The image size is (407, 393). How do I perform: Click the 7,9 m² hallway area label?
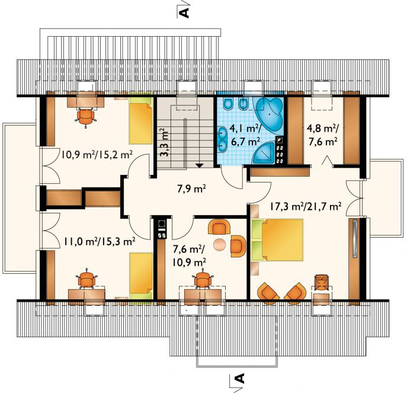point(192,189)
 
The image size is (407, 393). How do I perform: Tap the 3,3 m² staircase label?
point(164,142)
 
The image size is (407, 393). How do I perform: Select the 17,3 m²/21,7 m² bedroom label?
point(305,206)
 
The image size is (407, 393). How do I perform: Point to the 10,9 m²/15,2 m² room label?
point(97,155)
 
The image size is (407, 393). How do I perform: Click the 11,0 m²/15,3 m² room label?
point(100,242)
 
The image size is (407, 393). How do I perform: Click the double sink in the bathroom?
point(222,139)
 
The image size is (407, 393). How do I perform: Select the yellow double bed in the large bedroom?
point(277,240)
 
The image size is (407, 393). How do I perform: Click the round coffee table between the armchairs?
point(220,245)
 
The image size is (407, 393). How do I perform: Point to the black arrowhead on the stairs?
point(200,165)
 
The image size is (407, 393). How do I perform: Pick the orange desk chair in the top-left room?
point(86,117)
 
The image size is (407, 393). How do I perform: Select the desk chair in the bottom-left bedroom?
point(87,279)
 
